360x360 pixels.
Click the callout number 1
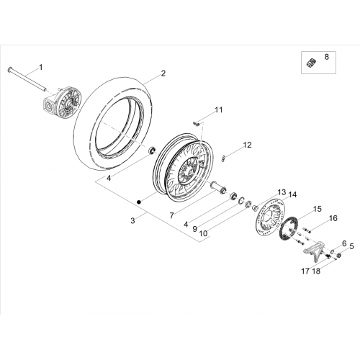click(41, 68)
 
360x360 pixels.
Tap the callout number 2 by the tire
click(163, 73)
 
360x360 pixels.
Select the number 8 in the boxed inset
click(327, 57)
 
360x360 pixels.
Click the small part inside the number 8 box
click(311, 63)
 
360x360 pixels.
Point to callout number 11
click(218, 110)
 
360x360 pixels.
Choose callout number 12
click(248, 145)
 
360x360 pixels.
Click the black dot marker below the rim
click(138, 202)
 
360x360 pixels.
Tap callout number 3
click(133, 220)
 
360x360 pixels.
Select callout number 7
click(171, 215)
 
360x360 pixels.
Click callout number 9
click(195, 229)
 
